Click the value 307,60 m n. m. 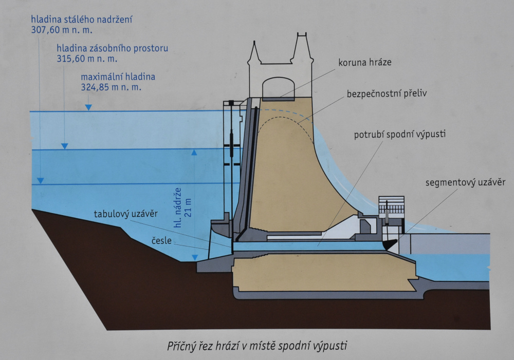pos(62,30)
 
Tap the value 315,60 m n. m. pos(87,59)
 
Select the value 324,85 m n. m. pos(111,87)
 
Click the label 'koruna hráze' pos(365,62)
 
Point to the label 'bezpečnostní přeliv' pos(387,93)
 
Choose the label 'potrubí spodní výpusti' pos(399,135)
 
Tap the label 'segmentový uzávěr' pos(466,182)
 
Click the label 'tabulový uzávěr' pos(126,214)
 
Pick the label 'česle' pos(161,241)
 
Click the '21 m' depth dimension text pos(188,207)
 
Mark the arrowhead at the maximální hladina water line pos(88,107)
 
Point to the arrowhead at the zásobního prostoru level pos(65,146)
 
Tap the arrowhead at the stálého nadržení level pos(40,181)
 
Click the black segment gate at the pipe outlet pos(390,244)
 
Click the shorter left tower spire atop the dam pos(254,53)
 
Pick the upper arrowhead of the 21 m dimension pos(194,153)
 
